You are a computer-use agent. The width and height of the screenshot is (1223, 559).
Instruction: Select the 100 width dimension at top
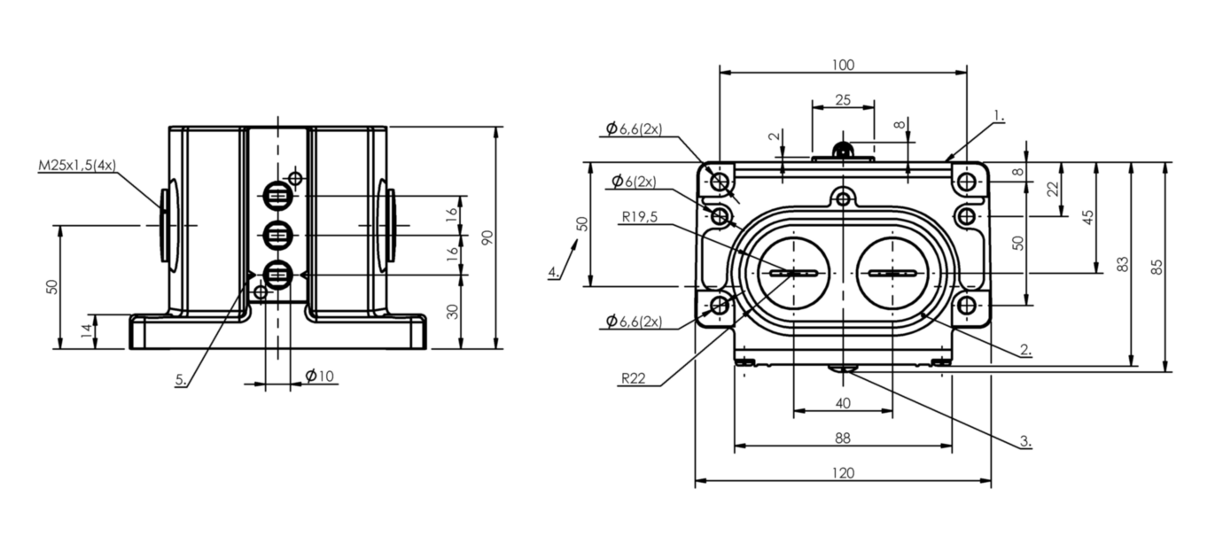843,65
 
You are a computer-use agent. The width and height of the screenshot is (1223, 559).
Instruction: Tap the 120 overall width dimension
843,473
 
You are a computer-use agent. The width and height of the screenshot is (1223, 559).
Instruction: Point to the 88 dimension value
843,438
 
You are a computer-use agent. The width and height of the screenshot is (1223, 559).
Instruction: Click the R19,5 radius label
640,218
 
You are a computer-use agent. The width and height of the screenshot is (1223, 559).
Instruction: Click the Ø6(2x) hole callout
634,182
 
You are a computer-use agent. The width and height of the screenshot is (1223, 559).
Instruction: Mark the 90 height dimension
487,237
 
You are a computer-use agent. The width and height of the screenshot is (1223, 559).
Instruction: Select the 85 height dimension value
1156,267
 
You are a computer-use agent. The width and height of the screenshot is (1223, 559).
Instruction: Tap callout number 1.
999,115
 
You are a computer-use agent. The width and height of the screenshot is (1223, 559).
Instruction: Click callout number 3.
1025,439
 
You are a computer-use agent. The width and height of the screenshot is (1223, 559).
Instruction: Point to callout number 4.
553,272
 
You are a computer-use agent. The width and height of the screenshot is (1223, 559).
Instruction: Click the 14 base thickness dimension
85,331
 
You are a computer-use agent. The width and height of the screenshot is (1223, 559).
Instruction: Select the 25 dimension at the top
843,100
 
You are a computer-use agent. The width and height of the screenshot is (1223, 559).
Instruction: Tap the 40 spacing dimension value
843,403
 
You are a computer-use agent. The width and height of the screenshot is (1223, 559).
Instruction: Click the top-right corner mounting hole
967,182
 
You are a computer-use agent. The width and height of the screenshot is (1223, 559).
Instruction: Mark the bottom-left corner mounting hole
720,306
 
